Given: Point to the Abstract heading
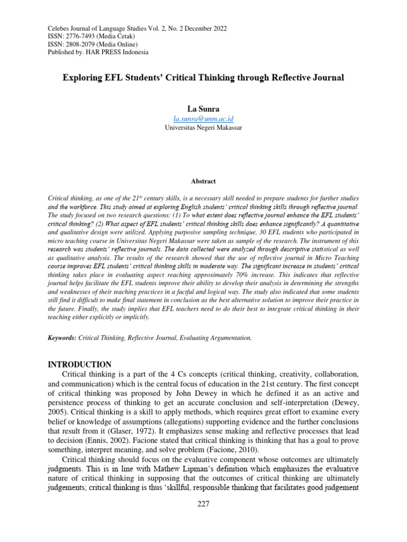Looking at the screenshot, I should point(203,181).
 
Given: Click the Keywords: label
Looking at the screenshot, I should point(62,337).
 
